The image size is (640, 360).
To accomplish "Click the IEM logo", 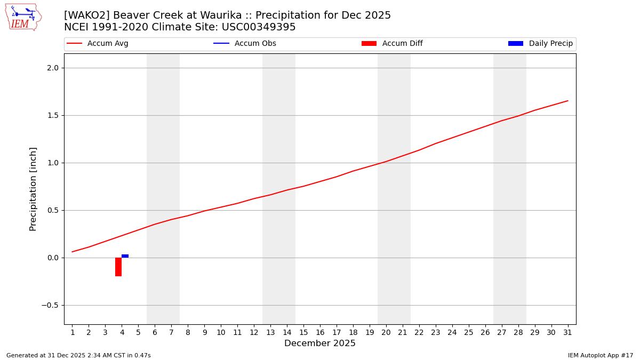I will pyautogui.click(x=23, y=17).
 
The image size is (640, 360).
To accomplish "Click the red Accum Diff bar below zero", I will pyautogui.click(x=118, y=267).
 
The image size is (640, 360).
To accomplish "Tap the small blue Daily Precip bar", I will pyautogui.click(x=125, y=256).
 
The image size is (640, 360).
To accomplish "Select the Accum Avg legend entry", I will pyautogui.click(x=98, y=44).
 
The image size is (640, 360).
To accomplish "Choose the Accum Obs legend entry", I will pyautogui.click(x=245, y=44).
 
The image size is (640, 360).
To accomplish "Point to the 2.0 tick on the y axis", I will pyautogui.click(x=53, y=68).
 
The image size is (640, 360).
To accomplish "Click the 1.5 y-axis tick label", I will pyautogui.click(x=53, y=116).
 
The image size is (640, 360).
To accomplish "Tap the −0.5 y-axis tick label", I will pyautogui.click(x=51, y=306).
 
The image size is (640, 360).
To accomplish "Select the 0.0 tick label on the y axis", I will pyautogui.click(x=53, y=258).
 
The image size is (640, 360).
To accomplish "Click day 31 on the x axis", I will pyautogui.click(x=567, y=333).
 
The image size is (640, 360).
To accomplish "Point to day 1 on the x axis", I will pyautogui.click(x=73, y=333).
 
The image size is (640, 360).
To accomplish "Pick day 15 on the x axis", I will pyautogui.click(x=303, y=333).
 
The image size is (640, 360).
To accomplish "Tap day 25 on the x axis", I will pyautogui.click(x=468, y=333).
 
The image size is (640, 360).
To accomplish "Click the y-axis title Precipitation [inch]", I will pyautogui.click(x=33, y=189).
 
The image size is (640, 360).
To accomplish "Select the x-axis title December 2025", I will pyautogui.click(x=320, y=343).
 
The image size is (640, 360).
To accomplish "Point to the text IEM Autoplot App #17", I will pyautogui.click(x=600, y=355).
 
